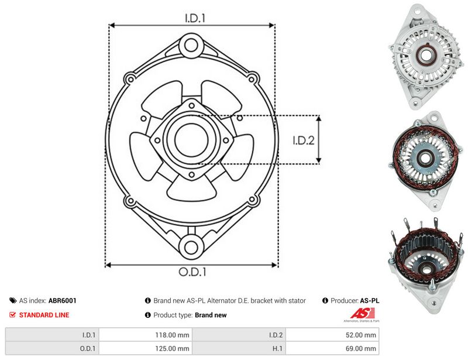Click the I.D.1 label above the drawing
195,18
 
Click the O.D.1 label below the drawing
192,272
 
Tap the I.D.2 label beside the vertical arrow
304,140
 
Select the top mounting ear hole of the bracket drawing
191,46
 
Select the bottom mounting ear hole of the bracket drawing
191,247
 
